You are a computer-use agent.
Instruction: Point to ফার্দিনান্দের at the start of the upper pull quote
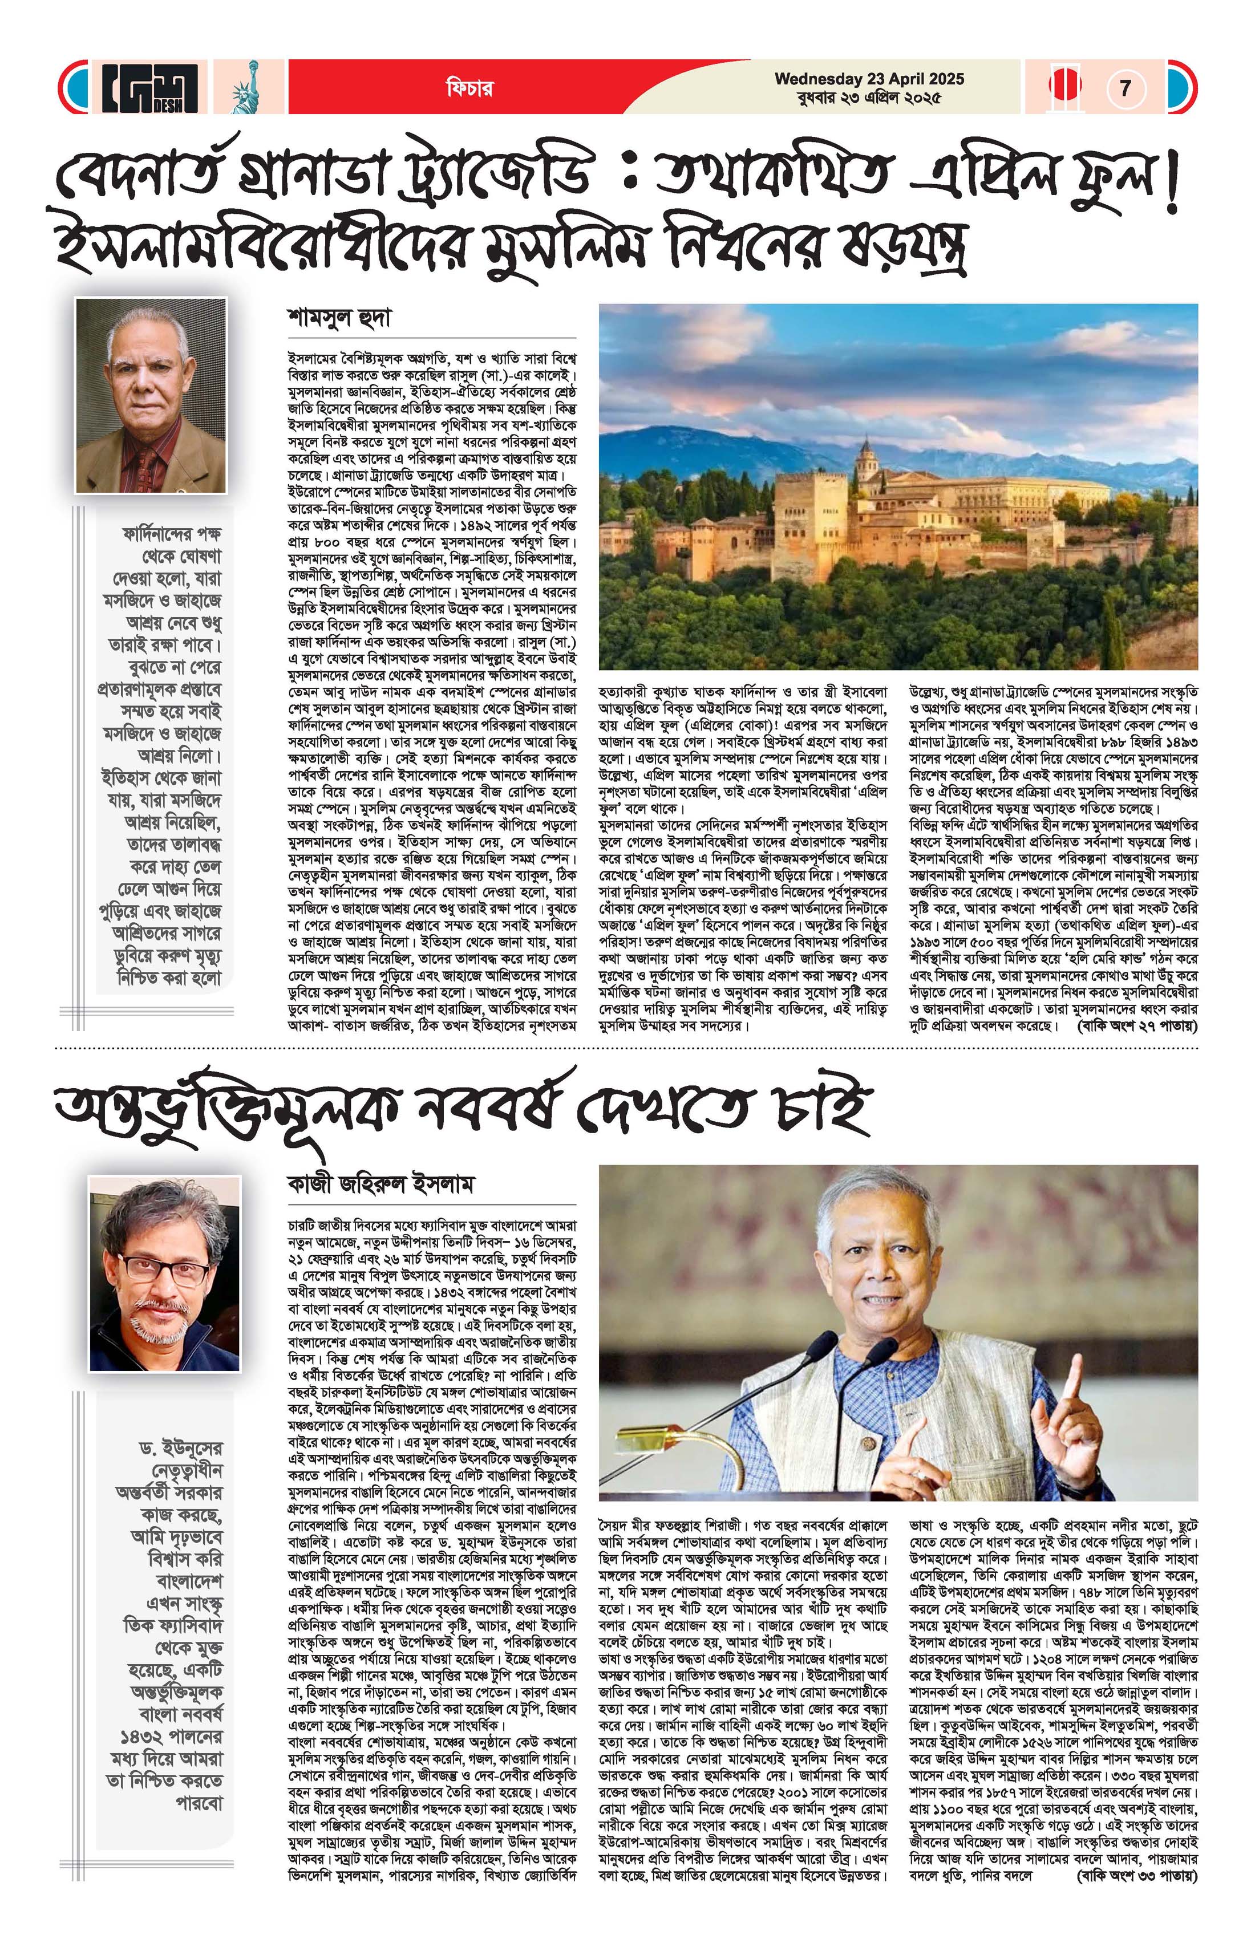171,534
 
